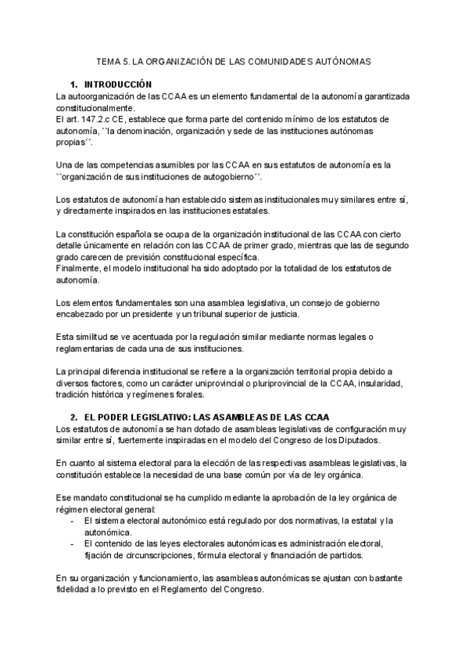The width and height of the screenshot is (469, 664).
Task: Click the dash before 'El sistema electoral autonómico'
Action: [73, 521]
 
